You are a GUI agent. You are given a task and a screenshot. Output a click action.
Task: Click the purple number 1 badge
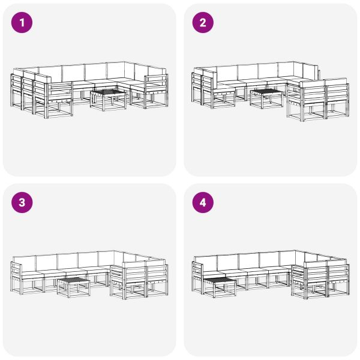(23, 23)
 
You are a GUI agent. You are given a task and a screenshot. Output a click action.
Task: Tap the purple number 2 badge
(203, 23)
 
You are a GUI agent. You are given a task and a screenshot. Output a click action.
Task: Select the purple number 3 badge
(23, 203)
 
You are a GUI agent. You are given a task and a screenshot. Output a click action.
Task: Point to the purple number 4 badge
(203, 203)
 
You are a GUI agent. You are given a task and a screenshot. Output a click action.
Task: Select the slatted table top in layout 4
(220, 281)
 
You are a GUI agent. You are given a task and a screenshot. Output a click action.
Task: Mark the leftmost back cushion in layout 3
(24, 262)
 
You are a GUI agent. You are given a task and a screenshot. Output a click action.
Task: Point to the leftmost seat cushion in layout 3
(30, 272)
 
